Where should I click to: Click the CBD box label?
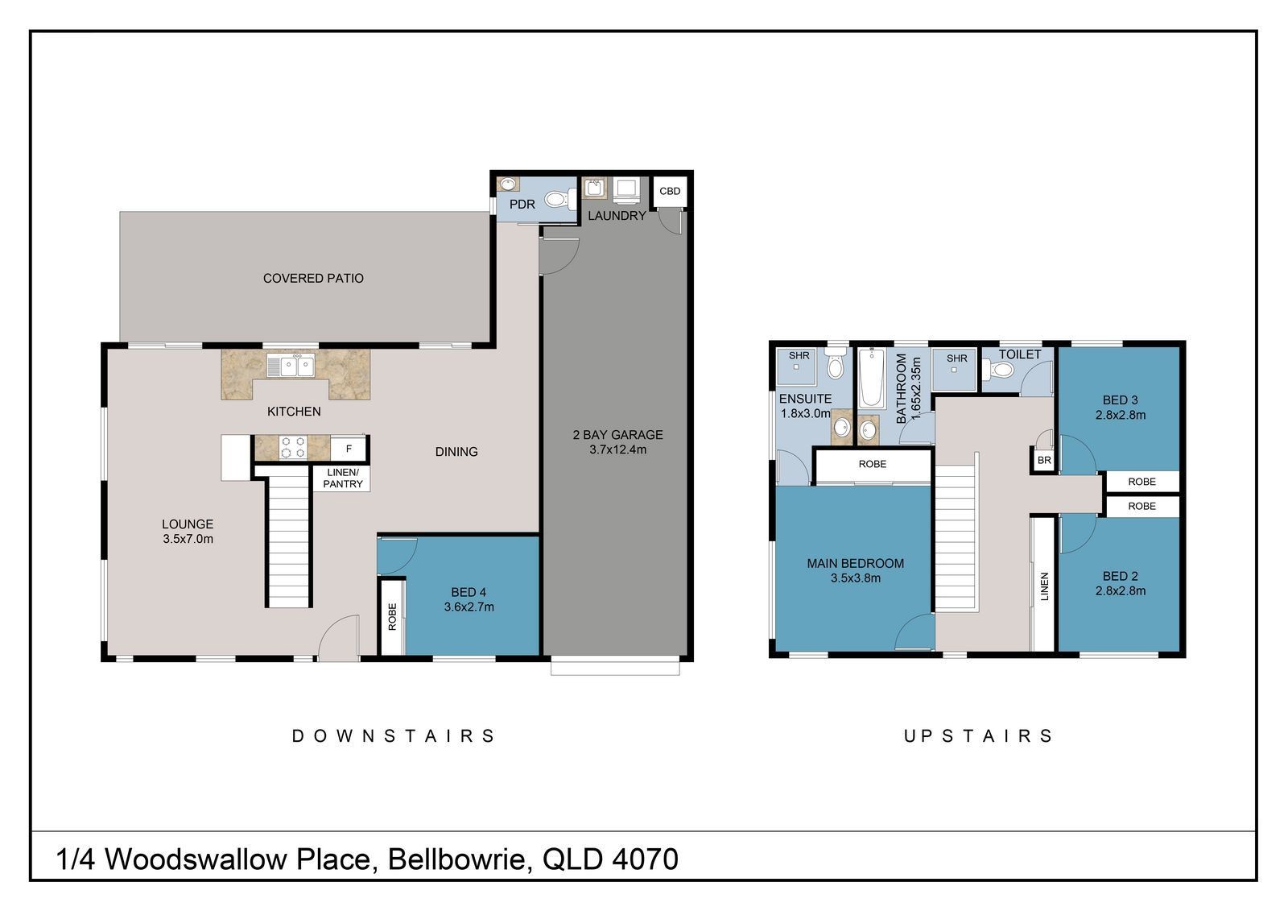click(670, 191)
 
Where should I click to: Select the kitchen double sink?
click(291, 365)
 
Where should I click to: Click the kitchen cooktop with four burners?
click(293, 447)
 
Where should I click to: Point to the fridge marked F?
click(349, 449)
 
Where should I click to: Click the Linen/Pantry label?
click(343, 478)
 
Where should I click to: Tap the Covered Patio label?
click(313, 279)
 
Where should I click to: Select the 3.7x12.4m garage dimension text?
click(617, 449)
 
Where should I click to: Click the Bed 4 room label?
click(469, 592)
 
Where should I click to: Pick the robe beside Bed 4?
click(392, 617)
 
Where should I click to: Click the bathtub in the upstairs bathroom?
click(871, 378)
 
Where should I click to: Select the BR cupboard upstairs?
click(1044, 461)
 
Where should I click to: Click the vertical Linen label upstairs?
click(1045, 586)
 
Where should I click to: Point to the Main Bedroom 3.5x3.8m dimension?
click(856, 578)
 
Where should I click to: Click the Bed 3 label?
click(1120, 400)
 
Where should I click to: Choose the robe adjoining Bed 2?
click(1142, 507)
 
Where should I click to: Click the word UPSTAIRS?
click(978, 736)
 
